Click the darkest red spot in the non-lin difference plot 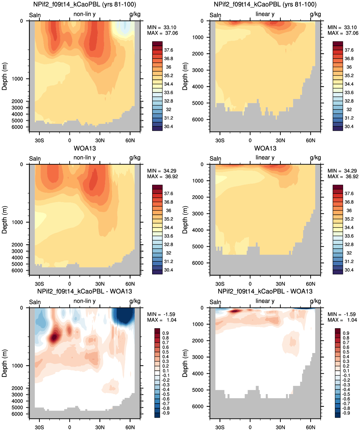tap(54, 337)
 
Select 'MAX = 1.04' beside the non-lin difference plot tap(162, 320)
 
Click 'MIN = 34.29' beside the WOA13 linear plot tap(343, 171)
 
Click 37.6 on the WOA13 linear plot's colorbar tap(349, 194)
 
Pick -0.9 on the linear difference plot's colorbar tap(346, 413)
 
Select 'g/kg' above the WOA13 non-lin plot tap(135, 158)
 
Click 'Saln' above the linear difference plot tap(215, 302)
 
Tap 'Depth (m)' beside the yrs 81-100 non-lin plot tap(4, 76)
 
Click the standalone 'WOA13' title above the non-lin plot tap(85, 148)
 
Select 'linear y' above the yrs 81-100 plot tap(265, 14)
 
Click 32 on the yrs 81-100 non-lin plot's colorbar tap(168, 110)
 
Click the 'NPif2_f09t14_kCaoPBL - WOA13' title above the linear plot tap(265, 291)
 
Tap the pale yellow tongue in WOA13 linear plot tap(221, 179)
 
